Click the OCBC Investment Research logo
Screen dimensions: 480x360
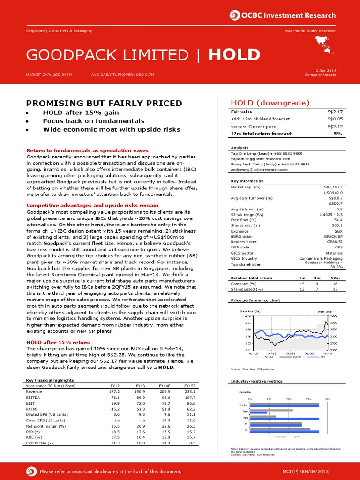(x=283, y=15)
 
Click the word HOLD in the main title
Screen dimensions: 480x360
(x=234, y=55)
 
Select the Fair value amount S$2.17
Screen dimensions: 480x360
(x=335, y=112)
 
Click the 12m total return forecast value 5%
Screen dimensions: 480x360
(x=338, y=134)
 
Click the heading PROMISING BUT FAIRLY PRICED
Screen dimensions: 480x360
(x=104, y=103)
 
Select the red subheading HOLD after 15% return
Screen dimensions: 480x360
(x=58, y=342)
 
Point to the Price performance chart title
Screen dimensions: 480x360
(x=255, y=300)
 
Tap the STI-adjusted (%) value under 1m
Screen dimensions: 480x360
(x=302, y=289)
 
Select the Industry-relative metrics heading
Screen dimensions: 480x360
(x=257, y=381)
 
